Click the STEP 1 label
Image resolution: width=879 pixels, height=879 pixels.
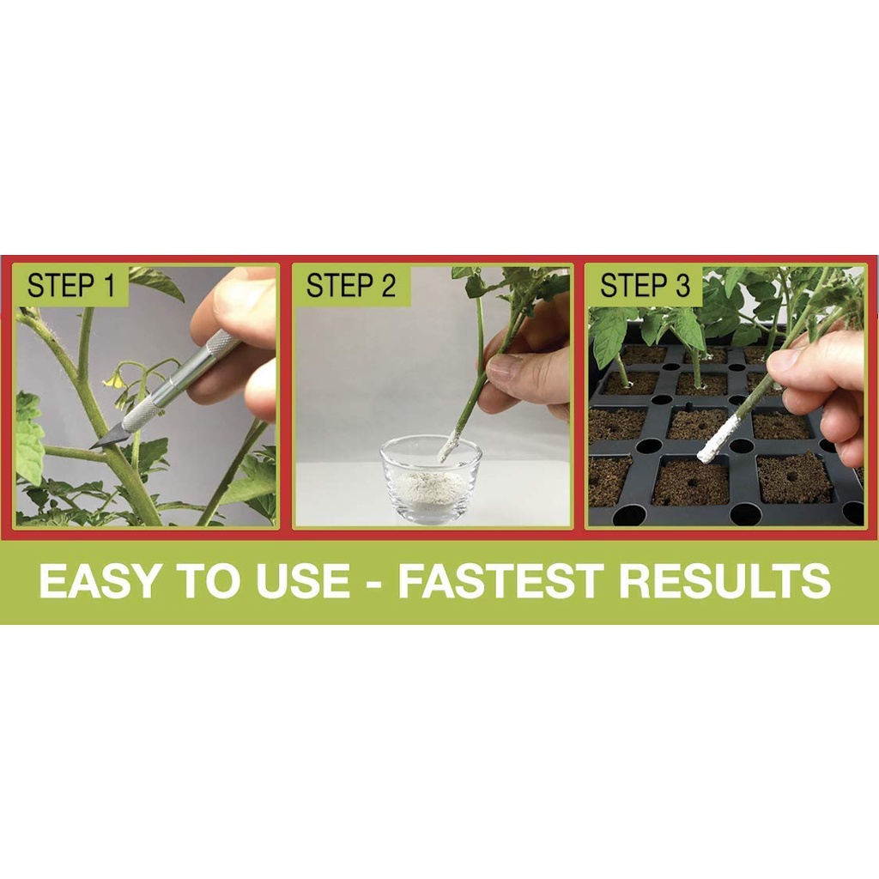[x=71, y=285]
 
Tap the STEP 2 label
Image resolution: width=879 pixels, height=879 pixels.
[x=351, y=285]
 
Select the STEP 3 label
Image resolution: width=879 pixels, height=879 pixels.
[x=645, y=285]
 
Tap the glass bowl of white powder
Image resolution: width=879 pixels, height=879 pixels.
[x=431, y=480]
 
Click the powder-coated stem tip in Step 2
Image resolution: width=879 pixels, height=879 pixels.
[x=448, y=446]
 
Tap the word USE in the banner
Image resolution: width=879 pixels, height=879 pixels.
[x=303, y=580]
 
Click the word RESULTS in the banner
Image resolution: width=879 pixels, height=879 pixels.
[x=724, y=580]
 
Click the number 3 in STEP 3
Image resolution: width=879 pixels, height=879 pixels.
[x=682, y=285]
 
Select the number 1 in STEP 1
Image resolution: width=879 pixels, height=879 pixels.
[x=110, y=285]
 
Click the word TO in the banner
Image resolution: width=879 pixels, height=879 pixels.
[x=209, y=580]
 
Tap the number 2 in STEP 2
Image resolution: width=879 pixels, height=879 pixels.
[x=388, y=285]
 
